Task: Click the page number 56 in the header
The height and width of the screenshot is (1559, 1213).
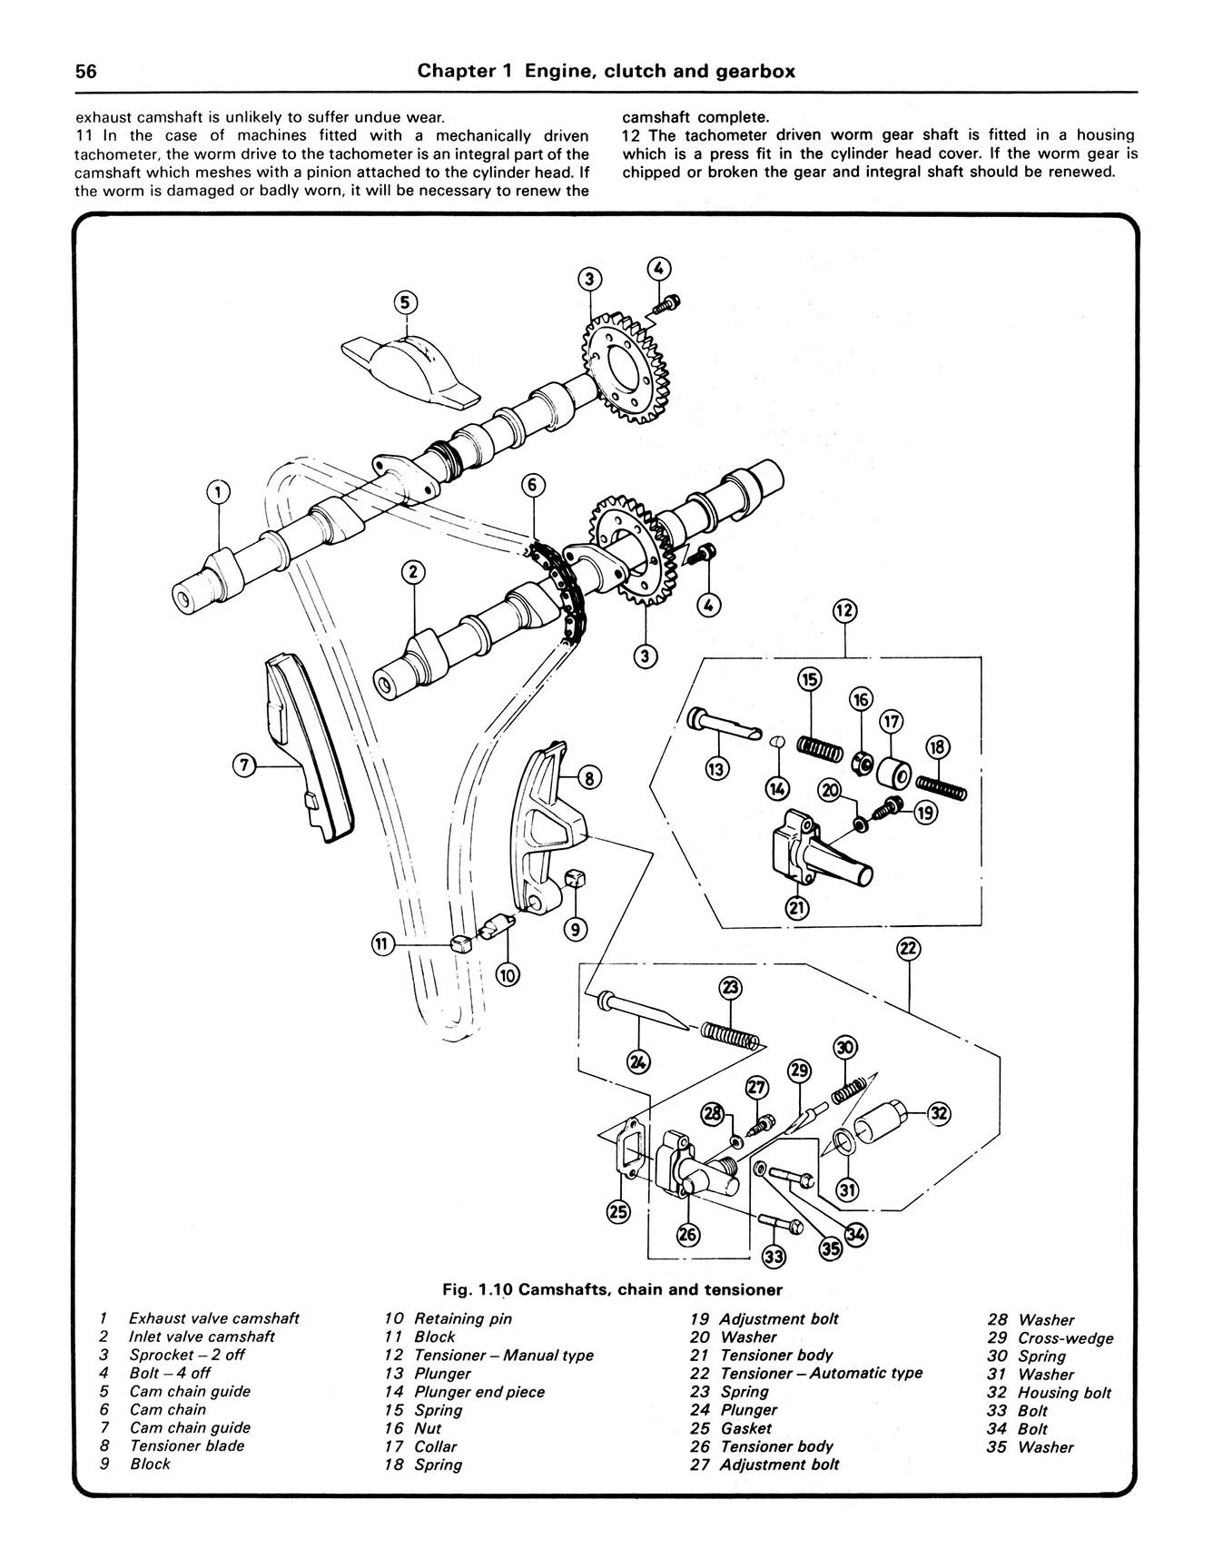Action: pos(86,72)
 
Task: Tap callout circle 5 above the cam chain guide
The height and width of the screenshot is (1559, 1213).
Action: pos(406,301)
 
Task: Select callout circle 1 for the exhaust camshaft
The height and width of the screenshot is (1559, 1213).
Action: pos(218,492)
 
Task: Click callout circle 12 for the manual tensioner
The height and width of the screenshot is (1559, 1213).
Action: pos(844,610)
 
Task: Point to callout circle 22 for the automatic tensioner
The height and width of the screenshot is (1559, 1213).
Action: pos(909,950)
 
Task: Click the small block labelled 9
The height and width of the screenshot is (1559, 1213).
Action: pos(575,878)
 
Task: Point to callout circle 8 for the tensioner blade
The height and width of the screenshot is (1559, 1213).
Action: pos(588,777)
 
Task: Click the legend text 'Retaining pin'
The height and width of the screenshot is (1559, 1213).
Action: pos(462,1318)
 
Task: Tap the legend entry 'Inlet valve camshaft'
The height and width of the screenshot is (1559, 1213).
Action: pos(202,1337)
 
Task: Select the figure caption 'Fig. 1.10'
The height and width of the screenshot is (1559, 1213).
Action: pos(478,1289)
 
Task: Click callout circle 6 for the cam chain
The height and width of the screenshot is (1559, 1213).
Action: pos(534,486)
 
